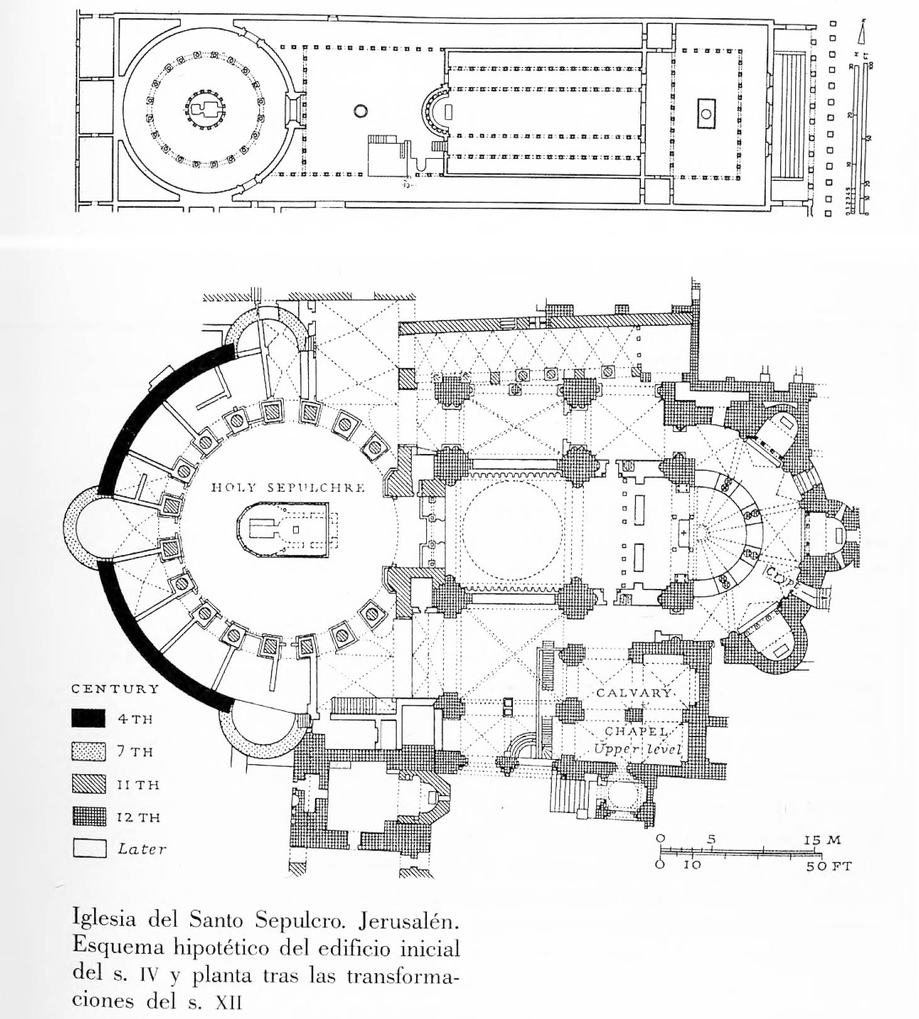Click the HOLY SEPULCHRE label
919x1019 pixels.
coord(288,488)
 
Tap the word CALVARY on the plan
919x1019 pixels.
coord(633,693)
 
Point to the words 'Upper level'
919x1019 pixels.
coord(637,749)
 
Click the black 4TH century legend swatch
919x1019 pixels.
coord(89,718)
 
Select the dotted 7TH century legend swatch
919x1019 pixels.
coord(89,752)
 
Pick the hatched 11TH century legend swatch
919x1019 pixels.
coord(89,784)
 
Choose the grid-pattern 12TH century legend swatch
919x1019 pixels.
coord(89,817)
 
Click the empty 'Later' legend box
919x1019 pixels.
coord(89,849)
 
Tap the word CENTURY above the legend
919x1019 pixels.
coord(116,689)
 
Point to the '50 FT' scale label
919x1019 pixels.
coord(829,867)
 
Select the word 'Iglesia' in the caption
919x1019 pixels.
coord(104,919)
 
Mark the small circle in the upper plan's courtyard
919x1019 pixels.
coord(360,112)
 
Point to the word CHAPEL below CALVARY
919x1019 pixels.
coord(636,732)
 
